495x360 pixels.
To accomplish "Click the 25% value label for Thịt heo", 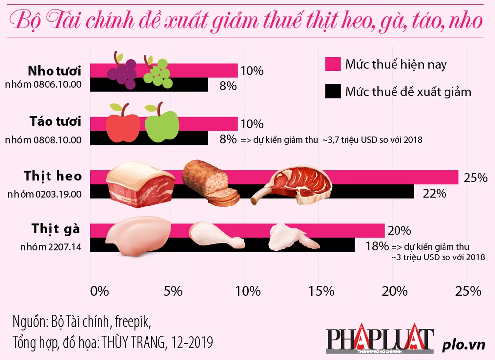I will [x=476, y=177].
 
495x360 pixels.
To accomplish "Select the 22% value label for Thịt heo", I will [x=434, y=193].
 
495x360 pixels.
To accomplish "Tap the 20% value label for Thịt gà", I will [x=399, y=230].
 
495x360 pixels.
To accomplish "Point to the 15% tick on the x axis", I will [x=322, y=291].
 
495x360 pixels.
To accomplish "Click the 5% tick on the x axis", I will [x=173, y=291].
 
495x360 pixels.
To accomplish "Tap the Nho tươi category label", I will [x=54, y=69].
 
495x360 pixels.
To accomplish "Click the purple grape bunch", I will [x=122, y=72].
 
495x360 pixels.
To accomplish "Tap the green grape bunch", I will [x=157, y=73].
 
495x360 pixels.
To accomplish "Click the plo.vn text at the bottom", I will [x=461, y=343].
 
